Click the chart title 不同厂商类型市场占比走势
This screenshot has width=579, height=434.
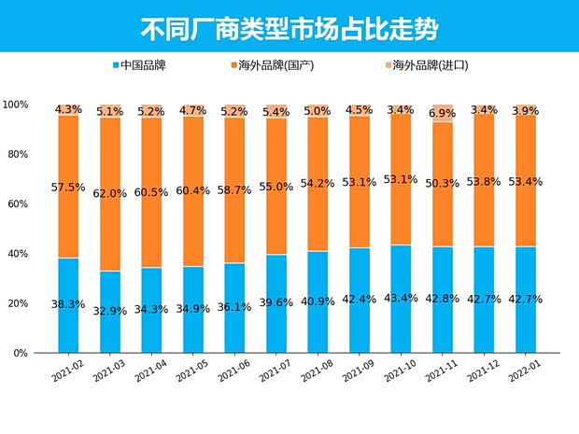(x=289, y=28)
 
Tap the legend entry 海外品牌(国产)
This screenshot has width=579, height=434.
(x=275, y=66)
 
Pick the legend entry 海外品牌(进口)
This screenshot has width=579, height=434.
(x=424, y=66)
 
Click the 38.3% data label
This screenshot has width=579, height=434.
(x=66, y=304)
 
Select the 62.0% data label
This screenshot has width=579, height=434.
(x=109, y=194)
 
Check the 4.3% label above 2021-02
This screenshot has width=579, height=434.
(x=68, y=110)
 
